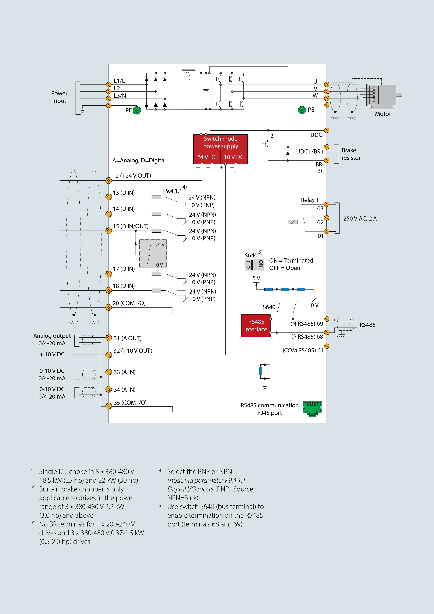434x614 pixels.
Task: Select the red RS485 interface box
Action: [256, 326]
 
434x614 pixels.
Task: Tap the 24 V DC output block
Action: [207, 157]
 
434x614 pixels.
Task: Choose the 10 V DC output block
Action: [234, 157]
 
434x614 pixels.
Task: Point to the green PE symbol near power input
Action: [137, 110]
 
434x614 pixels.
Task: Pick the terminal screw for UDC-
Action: [327, 131]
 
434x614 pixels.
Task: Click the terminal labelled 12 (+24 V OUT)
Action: [108, 180]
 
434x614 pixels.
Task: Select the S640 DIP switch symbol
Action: [254, 264]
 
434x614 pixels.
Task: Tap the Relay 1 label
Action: [310, 200]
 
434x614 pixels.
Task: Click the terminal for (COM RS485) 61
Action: [327, 346]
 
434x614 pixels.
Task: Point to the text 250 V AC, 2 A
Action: [360, 218]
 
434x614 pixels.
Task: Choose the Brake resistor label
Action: [351, 154]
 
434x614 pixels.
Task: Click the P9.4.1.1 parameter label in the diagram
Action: [172, 191]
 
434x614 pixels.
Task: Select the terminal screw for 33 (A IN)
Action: [108, 372]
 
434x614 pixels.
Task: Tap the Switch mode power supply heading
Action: [221, 142]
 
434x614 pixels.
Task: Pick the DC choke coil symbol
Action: [188, 72]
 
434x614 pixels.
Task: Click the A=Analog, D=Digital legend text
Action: [139, 161]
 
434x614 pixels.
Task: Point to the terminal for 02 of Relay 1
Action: [327, 218]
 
